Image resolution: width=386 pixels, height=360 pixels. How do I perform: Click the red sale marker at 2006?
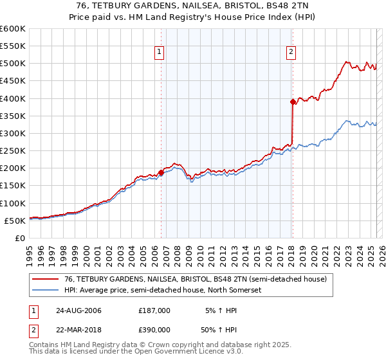click(161, 172)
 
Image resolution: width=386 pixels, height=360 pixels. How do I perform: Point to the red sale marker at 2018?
click(293, 101)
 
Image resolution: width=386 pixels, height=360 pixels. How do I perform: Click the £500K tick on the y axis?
click(13, 64)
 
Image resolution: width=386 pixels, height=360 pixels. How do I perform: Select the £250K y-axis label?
click(13, 150)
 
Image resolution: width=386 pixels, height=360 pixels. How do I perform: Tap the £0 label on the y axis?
click(19, 238)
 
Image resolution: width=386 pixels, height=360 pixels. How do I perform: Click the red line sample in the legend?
click(46, 279)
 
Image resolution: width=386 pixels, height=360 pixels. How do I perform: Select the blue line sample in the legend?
click(46, 291)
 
